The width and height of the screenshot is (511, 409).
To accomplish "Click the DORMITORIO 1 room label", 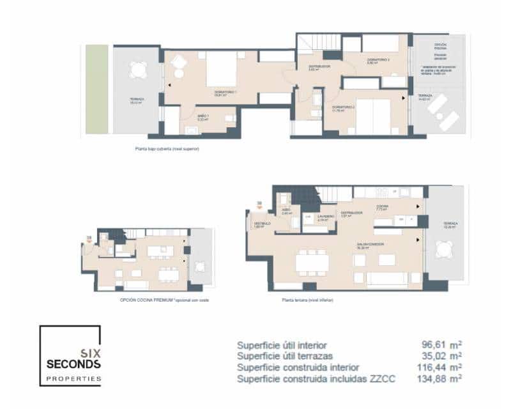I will (225, 93).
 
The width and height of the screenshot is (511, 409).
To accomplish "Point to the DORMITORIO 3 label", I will (378, 61).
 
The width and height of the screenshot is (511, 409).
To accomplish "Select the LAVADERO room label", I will (326, 217).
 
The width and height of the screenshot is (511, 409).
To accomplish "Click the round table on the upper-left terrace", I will (137, 68).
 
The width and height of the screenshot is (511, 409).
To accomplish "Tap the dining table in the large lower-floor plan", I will (312, 263).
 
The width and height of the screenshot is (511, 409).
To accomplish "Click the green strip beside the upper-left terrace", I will (97, 89).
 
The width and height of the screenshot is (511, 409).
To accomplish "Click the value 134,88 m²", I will (439, 379).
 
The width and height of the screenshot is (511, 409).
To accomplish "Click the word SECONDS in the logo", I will (73, 364).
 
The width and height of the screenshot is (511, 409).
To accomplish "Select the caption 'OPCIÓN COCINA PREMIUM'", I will (144, 299).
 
